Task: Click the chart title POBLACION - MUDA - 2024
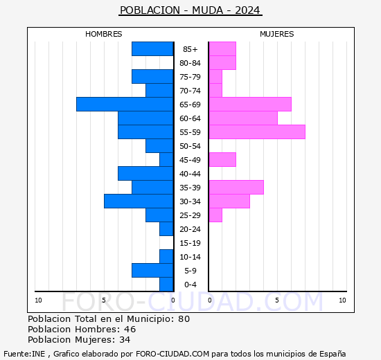point(190,10)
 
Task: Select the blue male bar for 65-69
point(125,104)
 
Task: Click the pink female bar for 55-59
point(257,132)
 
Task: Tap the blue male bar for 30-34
point(139,201)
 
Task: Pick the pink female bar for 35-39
point(236,187)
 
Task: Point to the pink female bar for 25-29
point(215,215)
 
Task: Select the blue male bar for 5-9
point(152,270)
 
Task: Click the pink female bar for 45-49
point(222,159)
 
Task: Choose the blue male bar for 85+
point(152,48)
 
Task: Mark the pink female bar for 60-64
point(243,118)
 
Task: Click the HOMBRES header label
point(103,34)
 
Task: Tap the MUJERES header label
point(276,34)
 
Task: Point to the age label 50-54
point(190,146)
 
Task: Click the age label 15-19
point(190,243)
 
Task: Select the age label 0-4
point(190,285)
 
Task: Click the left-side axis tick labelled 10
point(38,300)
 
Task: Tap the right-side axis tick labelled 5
point(277,300)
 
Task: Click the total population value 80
point(184,318)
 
